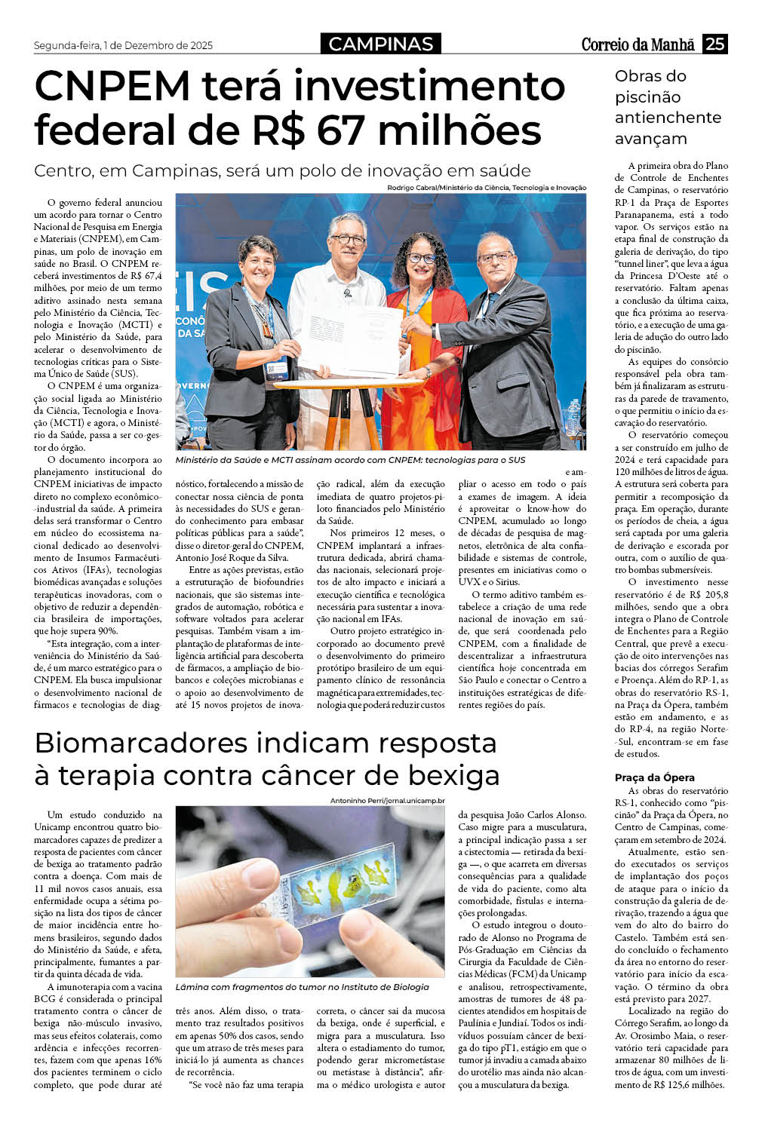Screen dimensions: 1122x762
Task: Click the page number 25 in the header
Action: (714, 44)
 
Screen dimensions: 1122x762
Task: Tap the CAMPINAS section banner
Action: (381, 44)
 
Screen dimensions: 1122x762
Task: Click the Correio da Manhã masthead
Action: (638, 44)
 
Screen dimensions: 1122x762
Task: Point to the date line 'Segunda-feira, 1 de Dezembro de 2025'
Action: (123, 45)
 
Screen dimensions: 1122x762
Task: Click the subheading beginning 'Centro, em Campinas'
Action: (282, 170)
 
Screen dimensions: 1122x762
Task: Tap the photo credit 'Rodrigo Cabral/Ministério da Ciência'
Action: (486, 188)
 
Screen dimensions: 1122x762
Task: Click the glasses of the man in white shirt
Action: (348, 240)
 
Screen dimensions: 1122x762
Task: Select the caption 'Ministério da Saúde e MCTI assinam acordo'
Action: (350, 459)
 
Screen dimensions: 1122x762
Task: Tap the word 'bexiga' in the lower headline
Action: (454, 775)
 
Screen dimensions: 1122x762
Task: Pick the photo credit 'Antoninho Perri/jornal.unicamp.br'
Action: (387, 800)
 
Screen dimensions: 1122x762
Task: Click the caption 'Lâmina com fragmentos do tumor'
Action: (302, 986)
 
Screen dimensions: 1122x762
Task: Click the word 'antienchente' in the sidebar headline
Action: (668, 118)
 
